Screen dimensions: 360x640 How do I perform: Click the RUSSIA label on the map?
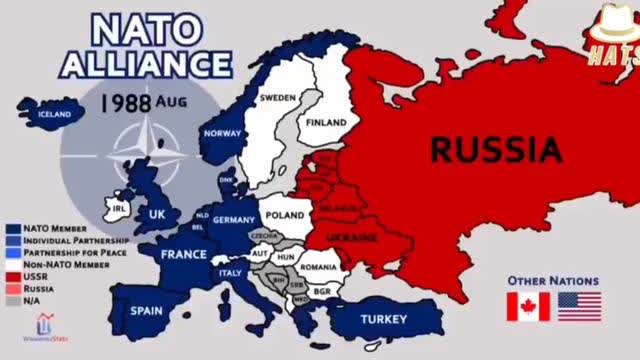495,150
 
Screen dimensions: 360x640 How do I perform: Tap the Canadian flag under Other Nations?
527,306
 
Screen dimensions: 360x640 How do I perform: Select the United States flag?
579,306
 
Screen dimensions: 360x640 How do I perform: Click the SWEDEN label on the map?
278,98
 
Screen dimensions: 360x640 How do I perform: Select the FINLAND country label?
325,123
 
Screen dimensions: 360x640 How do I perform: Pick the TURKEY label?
385,320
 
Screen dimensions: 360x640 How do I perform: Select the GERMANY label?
235,220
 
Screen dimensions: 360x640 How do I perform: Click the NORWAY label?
223,134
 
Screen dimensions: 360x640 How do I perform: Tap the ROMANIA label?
319,268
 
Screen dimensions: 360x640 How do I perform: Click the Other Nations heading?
553,281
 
